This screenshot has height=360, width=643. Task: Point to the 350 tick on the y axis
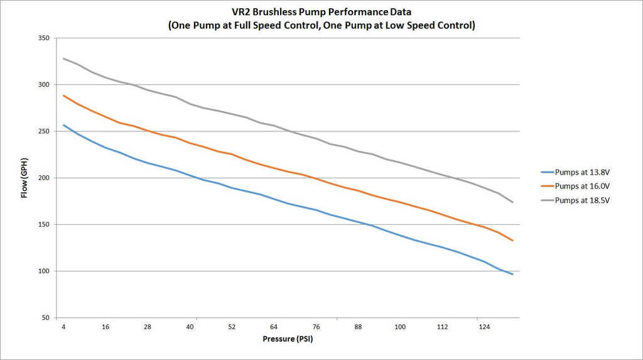44,38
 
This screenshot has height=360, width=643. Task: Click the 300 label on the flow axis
44,85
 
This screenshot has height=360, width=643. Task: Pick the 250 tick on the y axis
44,131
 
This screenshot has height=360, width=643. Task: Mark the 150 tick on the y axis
44,224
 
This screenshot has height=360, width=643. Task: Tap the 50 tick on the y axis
46,318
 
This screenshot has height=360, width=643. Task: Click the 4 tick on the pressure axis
63,327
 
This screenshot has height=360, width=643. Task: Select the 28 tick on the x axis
148,327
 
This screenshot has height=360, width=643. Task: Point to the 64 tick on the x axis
274,327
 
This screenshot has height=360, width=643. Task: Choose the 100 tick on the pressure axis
400,327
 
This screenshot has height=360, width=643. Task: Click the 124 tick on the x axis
484,327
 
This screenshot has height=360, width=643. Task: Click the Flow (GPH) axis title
24,178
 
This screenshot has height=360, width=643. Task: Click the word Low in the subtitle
404,26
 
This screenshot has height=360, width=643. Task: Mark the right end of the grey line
513,202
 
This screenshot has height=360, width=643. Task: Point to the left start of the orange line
63,95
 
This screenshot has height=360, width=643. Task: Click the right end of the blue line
513,274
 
